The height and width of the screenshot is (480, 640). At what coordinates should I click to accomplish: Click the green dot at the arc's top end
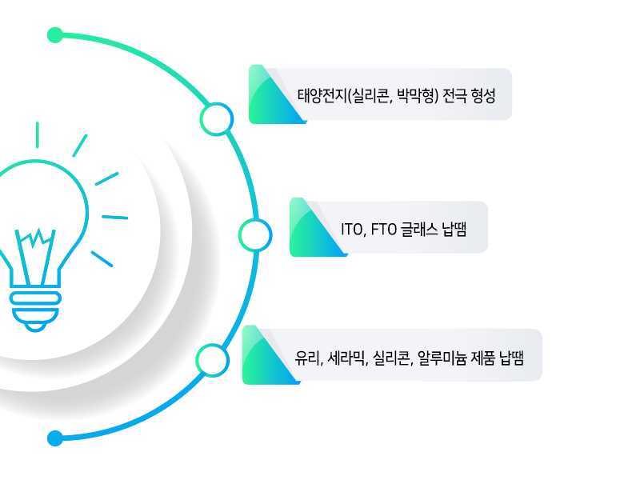pos(55,35)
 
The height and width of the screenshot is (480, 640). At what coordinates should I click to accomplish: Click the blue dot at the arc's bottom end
pos(55,438)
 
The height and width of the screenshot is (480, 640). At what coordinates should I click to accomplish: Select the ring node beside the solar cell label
pos(216,119)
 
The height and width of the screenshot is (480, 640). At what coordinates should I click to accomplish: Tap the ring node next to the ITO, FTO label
pos(255,235)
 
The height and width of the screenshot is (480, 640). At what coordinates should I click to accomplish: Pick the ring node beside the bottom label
pos(212,361)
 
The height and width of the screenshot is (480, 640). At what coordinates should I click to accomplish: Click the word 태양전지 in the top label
pos(322,96)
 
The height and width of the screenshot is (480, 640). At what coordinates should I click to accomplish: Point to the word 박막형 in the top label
pos(414,96)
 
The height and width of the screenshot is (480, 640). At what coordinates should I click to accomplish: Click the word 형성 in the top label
pos(483,96)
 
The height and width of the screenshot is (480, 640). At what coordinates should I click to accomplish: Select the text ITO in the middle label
pos(351,230)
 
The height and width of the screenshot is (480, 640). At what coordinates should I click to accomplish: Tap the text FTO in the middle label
pos(384,230)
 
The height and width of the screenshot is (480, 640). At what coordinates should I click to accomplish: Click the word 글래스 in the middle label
pos(419,230)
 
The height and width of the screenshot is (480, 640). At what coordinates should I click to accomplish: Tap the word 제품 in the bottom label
pos(483,358)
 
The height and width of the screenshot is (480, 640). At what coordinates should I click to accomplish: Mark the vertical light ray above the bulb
pos(38,134)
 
